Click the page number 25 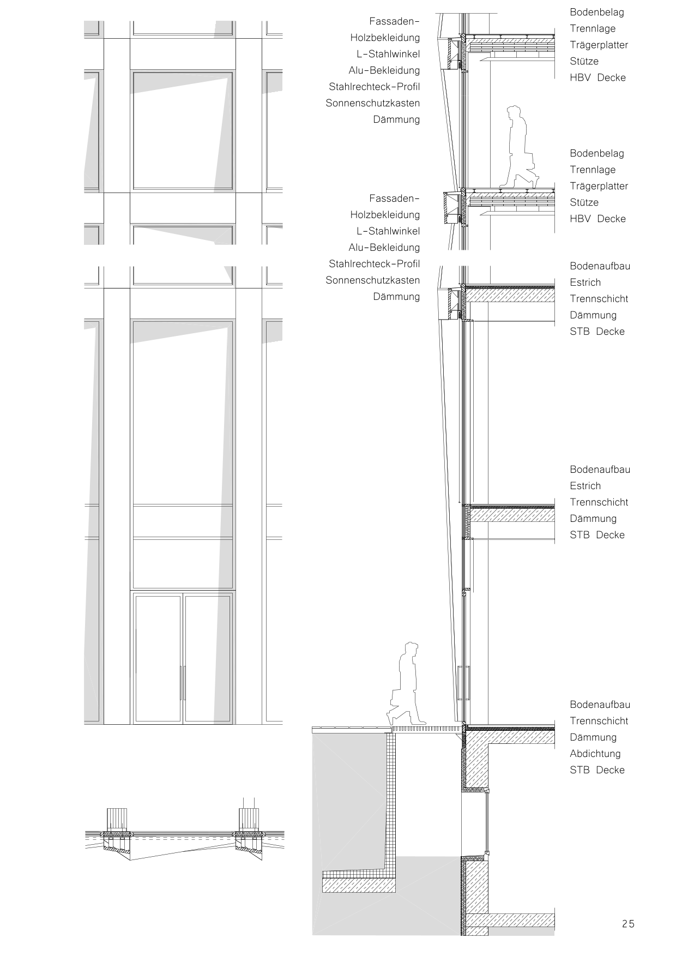pos(628,924)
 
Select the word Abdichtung pos(595,754)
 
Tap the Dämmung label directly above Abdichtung pos(593,737)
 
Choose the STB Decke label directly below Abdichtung pos(597,770)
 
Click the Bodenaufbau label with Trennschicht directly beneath pos(600,705)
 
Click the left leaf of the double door pos(158,658)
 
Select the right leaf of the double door pos(208,658)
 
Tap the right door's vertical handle pos(185,682)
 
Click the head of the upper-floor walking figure pos(514,113)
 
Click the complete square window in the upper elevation pos(183,130)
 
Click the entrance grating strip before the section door pos(424,729)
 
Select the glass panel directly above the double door pos(183,563)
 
